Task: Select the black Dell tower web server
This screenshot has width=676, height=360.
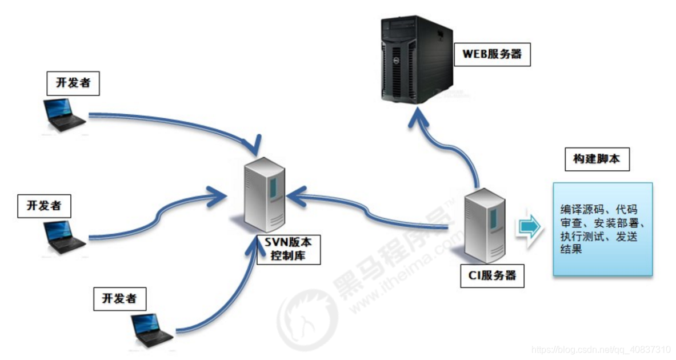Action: pyautogui.click(x=417, y=60)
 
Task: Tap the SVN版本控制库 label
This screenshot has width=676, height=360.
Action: pyautogui.click(x=288, y=249)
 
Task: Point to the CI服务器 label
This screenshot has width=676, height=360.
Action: pyautogui.click(x=489, y=275)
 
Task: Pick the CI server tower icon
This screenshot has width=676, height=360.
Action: pyautogui.click(x=484, y=225)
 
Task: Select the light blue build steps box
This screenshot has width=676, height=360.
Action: pyautogui.click(x=602, y=229)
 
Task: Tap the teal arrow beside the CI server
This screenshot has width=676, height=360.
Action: pyautogui.click(x=529, y=227)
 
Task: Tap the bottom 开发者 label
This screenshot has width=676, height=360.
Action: pyautogui.click(x=119, y=298)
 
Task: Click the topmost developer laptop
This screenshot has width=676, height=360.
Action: pyautogui.click(x=65, y=115)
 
